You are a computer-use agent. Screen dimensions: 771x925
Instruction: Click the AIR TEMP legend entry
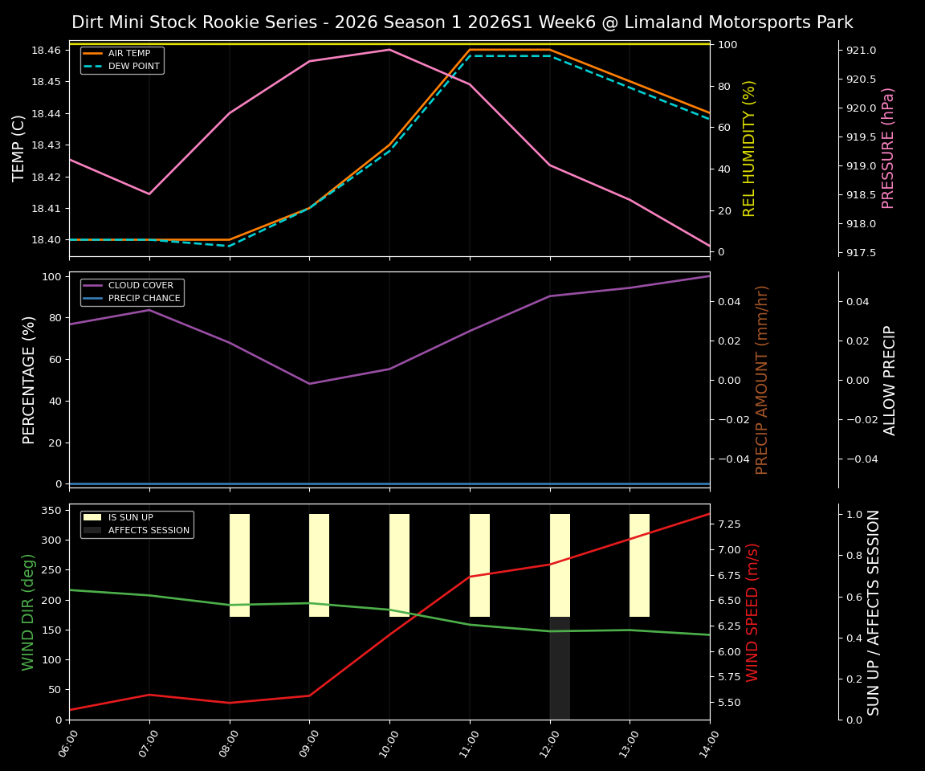[128, 54]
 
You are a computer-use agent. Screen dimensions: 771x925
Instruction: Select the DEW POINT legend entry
[133, 66]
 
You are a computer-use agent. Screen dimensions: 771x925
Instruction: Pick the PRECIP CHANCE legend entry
[144, 299]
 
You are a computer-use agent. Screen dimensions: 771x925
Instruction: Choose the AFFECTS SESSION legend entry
[149, 531]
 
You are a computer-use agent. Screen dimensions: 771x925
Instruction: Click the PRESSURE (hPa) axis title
[888, 148]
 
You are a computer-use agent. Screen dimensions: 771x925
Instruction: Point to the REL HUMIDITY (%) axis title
[750, 148]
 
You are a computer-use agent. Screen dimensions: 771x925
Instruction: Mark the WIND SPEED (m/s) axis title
[752, 612]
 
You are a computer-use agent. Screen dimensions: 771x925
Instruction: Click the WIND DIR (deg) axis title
[29, 612]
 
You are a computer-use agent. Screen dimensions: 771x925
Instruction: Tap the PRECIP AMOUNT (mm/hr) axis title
[763, 379]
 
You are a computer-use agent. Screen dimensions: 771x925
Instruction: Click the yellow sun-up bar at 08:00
[239, 565]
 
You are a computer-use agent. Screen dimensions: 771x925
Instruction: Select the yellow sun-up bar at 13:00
[639, 565]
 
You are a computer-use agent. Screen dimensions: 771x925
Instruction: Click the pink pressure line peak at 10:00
[389, 50]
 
